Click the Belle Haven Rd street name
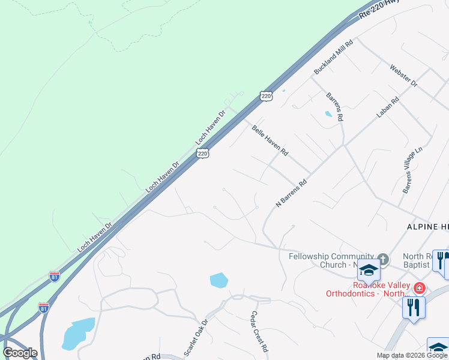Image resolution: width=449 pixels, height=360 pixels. tap(270, 140)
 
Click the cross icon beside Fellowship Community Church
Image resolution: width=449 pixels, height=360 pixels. tap(383, 260)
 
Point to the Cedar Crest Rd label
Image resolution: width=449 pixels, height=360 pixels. tap(260, 331)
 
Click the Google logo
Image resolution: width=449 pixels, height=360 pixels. tap(20, 353)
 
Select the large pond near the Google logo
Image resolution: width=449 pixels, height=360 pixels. tap(78, 334)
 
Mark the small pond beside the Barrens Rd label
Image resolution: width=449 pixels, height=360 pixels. tap(328, 113)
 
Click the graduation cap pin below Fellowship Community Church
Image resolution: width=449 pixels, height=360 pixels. tap(368, 272)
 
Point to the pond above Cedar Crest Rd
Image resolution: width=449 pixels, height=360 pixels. tap(219, 280)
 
